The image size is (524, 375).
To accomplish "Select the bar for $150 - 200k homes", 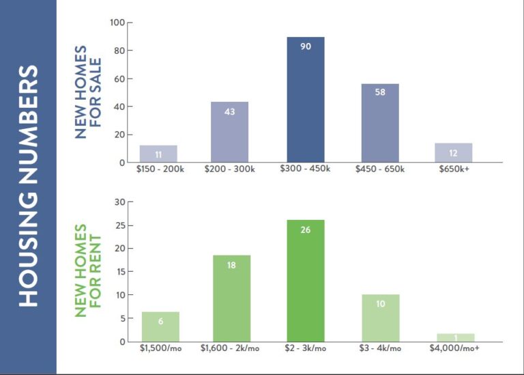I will coord(158,154).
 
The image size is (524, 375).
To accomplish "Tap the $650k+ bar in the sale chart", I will coord(454,153).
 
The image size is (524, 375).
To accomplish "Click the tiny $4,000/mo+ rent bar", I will coord(455,337).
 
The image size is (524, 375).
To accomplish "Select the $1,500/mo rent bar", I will coord(160,327).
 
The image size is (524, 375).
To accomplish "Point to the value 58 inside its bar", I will coord(380,92).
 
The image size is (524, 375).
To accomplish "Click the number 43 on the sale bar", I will coord(229,111).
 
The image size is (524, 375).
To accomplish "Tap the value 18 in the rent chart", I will coord(231,265).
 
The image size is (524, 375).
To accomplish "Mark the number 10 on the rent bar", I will coord(380,303).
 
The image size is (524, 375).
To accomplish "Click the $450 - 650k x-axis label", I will coord(380,169).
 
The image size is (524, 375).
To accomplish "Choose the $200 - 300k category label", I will coord(230,169).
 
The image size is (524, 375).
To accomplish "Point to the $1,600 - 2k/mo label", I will coord(231,348).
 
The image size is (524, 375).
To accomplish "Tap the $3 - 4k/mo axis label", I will coord(380,348).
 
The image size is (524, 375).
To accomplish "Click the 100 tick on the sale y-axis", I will coord(116,23).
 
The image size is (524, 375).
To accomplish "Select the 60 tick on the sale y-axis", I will coord(118,79).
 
